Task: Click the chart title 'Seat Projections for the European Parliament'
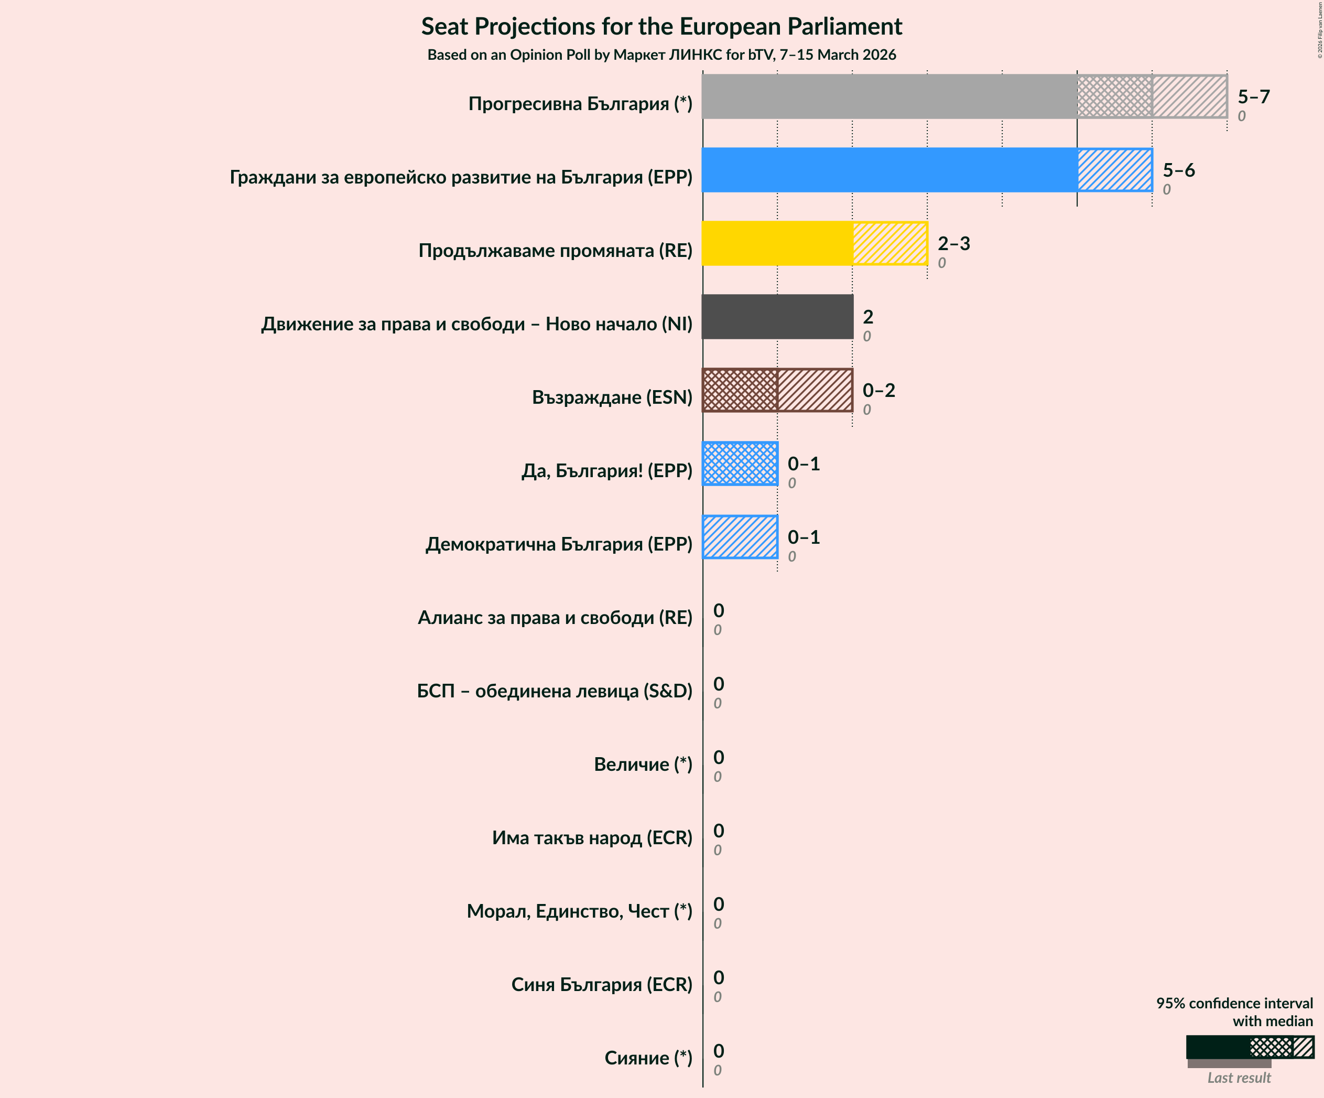(661, 27)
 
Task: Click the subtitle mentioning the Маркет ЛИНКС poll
(661, 55)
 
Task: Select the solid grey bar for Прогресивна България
(889, 96)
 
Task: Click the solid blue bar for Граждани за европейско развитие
(889, 170)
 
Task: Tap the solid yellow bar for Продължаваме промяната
(777, 243)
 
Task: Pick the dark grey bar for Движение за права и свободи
(777, 317)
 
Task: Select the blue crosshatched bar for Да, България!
(740, 464)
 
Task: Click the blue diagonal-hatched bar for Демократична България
(740, 537)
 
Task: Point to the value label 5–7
(1253, 96)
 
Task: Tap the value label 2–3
(953, 243)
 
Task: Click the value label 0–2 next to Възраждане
(878, 391)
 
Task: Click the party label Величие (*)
(643, 765)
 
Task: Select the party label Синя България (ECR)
(602, 985)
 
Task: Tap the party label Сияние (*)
(648, 1058)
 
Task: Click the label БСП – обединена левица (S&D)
(554, 691)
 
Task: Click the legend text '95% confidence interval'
(1234, 1004)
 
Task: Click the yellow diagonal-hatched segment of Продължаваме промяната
(889, 243)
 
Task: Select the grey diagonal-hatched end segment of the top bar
(1189, 96)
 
